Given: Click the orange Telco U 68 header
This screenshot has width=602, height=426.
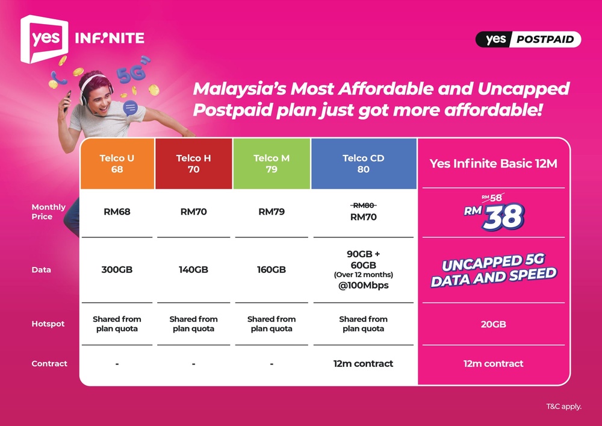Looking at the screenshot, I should pyautogui.click(x=117, y=164).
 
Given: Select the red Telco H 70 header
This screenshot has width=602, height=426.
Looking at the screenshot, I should pyautogui.click(x=193, y=164).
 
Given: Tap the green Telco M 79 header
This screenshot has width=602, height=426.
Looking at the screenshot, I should pyautogui.click(x=272, y=164).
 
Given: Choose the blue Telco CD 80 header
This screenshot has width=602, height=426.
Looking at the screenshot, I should pyautogui.click(x=363, y=164).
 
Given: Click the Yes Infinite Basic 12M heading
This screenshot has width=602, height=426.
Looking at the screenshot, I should pyautogui.click(x=493, y=164).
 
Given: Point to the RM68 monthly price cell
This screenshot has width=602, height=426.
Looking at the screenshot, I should pyautogui.click(x=117, y=212).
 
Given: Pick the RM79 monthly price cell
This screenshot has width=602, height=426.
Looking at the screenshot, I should pyautogui.click(x=272, y=212).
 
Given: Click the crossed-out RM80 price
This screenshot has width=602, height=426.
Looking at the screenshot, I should pyautogui.click(x=363, y=205).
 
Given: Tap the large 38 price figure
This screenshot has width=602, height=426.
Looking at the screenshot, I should pyautogui.click(x=503, y=216).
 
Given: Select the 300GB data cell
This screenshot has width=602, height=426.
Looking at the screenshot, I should pyautogui.click(x=117, y=270).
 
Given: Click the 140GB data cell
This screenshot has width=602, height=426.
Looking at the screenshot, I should pyautogui.click(x=193, y=270).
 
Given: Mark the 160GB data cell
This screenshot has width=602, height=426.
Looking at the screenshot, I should pyautogui.click(x=272, y=270).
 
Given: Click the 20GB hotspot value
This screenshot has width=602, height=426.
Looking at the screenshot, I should pyautogui.click(x=493, y=324).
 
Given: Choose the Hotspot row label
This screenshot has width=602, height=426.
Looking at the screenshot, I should pyautogui.click(x=48, y=324).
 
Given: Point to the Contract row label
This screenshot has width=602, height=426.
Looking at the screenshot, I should pyautogui.click(x=49, y=364).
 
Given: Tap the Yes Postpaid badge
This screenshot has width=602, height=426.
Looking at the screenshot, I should pyautogui.click(x=528, y=40).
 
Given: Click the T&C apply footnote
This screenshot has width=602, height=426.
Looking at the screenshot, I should pyautogui.click(x=563, y=406).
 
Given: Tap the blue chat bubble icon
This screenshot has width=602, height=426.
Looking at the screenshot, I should pyautogui.click(x=130, y=108).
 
